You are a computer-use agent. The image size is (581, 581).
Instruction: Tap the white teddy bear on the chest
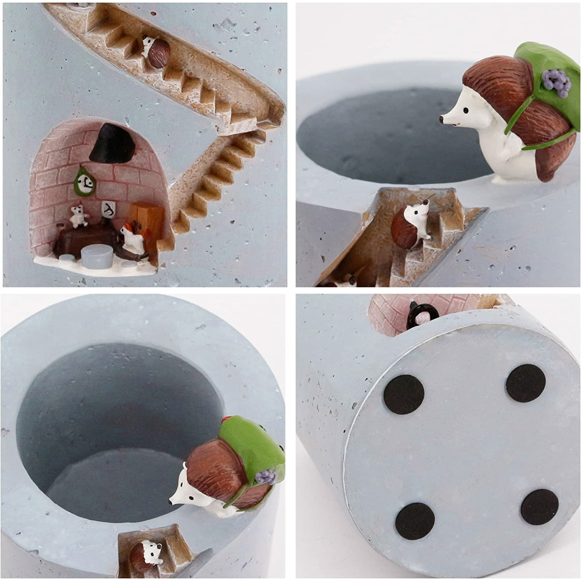79,217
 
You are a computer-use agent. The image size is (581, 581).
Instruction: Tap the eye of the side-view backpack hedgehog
467,109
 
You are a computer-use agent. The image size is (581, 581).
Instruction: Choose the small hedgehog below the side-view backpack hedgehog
408,225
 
